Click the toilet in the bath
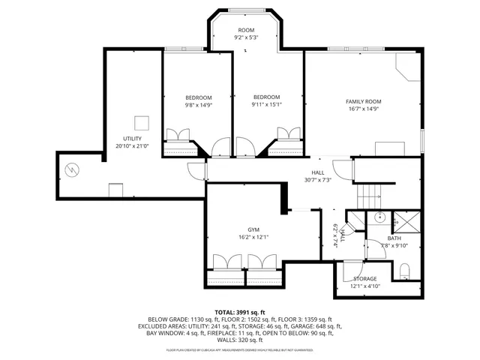point(404,271)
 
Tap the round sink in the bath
point(379,217)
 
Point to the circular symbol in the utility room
point(72,169)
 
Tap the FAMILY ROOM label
point(363,101)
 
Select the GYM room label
point(253,229)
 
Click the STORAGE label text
point(365,278)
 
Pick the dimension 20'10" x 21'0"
point(132,146)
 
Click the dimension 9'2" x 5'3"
point(246,37)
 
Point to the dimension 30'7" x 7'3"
point(318,180)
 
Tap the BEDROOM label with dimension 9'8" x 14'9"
point(199,97)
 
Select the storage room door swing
point(352,269)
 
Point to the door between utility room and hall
point(197,171)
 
